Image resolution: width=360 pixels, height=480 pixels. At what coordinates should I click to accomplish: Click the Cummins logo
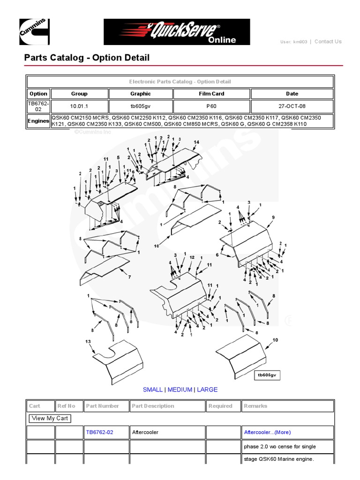(34, 31)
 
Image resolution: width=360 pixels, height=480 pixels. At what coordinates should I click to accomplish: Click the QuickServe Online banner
(177, 32)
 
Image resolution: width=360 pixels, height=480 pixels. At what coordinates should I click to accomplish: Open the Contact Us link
(328, 41)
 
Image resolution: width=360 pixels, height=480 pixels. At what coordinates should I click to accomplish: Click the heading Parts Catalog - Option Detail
(87, 58)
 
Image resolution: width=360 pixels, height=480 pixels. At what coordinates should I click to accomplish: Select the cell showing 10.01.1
(79, 106)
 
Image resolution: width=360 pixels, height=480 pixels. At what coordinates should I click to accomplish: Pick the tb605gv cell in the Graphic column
(141, 106)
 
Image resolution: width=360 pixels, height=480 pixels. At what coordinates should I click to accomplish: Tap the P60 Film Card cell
(211, 106)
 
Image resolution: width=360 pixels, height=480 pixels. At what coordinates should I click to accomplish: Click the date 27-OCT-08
(292, 106)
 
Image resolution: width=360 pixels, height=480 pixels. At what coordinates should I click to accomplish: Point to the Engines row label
(38, 121)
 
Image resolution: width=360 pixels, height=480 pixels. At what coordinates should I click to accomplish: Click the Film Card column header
(211, 94)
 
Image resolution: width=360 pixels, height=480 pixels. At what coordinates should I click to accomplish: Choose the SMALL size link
(152, 390)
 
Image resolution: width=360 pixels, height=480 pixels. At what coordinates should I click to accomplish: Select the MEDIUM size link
(180, 390)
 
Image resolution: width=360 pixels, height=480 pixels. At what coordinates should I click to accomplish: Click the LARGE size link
(207, 390)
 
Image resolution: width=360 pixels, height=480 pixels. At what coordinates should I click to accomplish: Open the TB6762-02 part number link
(99, 432)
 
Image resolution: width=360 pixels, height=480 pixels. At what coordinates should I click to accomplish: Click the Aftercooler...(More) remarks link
(267, 432)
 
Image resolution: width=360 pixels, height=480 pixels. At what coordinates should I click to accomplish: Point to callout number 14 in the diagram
(196, 142)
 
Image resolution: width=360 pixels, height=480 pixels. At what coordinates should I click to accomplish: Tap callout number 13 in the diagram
(88, 342)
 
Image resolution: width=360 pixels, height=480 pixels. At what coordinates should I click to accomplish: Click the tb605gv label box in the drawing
(267, 375)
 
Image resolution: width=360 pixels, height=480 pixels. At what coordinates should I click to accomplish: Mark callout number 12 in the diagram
(192, 257)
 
